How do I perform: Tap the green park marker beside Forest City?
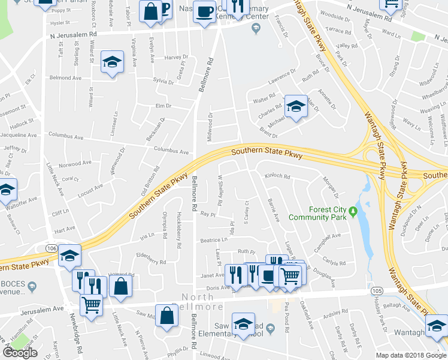click(353, 211)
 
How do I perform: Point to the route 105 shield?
click(376, 290)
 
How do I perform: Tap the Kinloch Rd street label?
click(277, 177)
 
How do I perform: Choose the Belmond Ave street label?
click(65, 78)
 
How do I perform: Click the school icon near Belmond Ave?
click(112, 62)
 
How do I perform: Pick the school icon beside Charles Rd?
click(295, 106)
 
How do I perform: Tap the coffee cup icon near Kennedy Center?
click(205, 11)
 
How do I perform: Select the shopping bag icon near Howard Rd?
click(120, 286)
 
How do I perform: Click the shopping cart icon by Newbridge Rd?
click(91, 304)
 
